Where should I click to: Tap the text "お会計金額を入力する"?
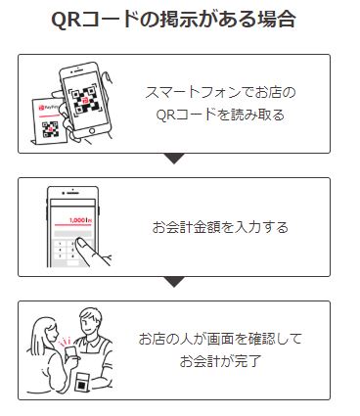(x=220, y=227)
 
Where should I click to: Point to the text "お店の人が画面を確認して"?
(x=220, y=339)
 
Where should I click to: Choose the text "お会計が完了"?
(x=220, y=360)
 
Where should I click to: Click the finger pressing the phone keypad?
(x=98, y=256)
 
